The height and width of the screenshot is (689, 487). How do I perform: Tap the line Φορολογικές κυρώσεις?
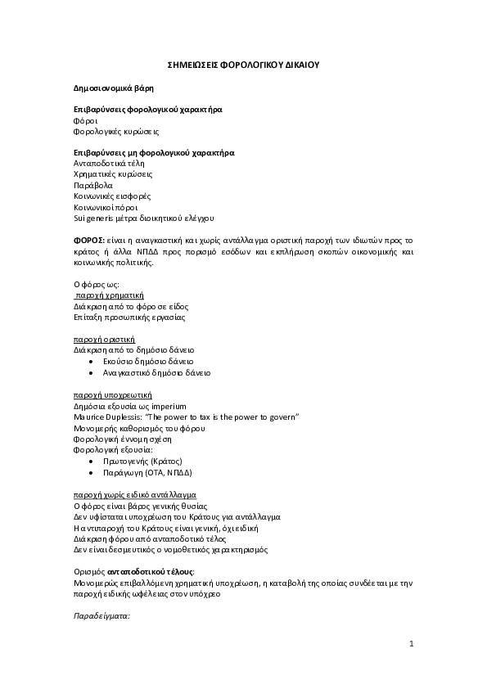(x=116, y=130)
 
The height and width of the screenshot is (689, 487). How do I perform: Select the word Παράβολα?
(x=93, y=185)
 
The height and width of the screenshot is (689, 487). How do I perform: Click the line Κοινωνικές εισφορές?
(x=112, y=196)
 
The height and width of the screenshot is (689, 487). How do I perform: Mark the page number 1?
(x=412, y=645)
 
